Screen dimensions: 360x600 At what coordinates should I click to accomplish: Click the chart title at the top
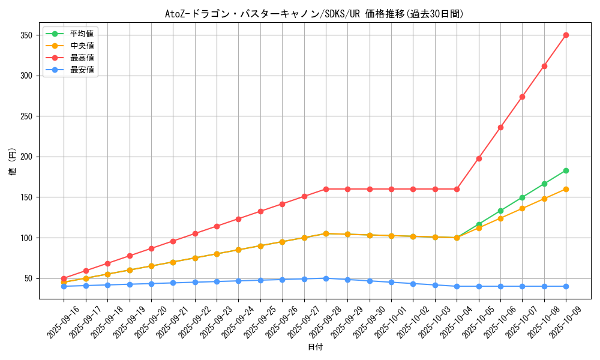tap(314, 14)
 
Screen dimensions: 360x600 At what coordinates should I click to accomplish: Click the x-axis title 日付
tap(315, 347)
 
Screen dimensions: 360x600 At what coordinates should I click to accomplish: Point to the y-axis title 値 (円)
tap(13, 162)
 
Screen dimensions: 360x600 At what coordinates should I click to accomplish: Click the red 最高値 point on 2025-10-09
tap(566, 35)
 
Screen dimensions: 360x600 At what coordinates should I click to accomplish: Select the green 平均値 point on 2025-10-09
tap(566, 170)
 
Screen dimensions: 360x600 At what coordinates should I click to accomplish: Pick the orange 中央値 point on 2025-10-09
tap(566, 189)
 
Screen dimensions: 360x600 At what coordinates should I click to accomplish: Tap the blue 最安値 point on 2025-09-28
tap(326, 278)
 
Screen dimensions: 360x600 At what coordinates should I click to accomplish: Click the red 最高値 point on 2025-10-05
tap(479, 158)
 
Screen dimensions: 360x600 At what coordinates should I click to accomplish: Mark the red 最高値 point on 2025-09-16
tap(64, 278)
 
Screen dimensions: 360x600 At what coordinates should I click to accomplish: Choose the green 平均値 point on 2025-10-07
tap(522, 197)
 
